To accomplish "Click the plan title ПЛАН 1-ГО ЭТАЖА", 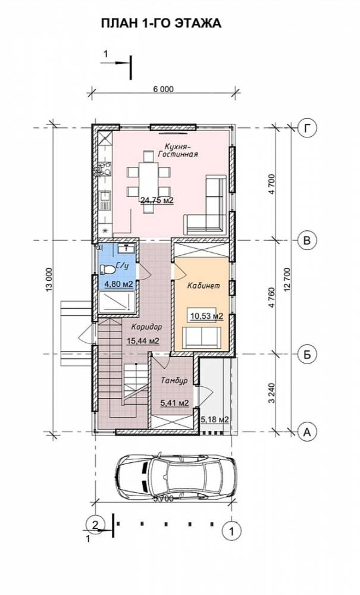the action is click(x=161, y=23).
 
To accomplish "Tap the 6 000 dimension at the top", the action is click(x=163, y=89).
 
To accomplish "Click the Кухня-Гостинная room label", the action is click(x=181, y=151).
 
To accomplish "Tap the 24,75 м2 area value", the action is click(x=157, y=200).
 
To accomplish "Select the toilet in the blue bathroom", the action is click(x=108, y=270).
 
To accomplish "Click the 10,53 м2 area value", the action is click(x=206, y=315).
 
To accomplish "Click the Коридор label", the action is click(x=146, y=327).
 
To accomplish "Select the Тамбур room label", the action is click(x=174, y=381).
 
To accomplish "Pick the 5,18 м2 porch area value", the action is click(x=214, y=419).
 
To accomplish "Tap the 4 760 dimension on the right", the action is click(x=273, y=297).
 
